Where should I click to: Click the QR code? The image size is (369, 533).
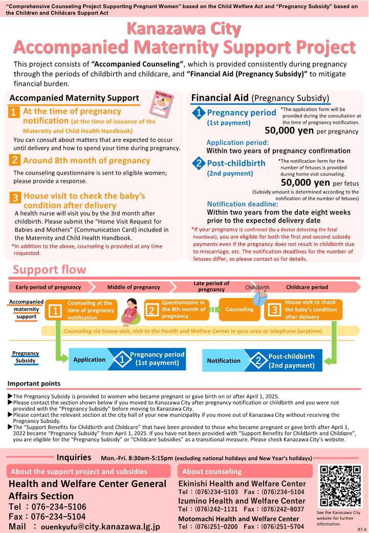340,486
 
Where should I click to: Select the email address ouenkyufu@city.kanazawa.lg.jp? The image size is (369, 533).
100,526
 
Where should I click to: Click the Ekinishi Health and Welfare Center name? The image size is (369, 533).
242,483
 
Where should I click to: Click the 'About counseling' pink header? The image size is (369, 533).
244,471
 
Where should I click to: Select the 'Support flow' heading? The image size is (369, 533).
50,270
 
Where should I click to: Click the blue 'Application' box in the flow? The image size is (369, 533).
89,360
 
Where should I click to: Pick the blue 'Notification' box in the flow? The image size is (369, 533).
223,360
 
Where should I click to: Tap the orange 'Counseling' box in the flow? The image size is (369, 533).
239,309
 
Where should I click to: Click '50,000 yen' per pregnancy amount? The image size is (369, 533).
290,131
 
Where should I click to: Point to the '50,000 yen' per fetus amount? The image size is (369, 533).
306,182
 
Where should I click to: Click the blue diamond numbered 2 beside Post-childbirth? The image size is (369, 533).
198,164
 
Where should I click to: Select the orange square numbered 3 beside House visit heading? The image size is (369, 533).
15,198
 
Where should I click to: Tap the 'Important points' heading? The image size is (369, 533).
34,383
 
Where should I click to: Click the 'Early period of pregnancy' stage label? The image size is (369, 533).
48,287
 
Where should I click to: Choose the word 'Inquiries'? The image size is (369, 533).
74,457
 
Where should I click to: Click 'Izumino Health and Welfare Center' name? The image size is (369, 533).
242,501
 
